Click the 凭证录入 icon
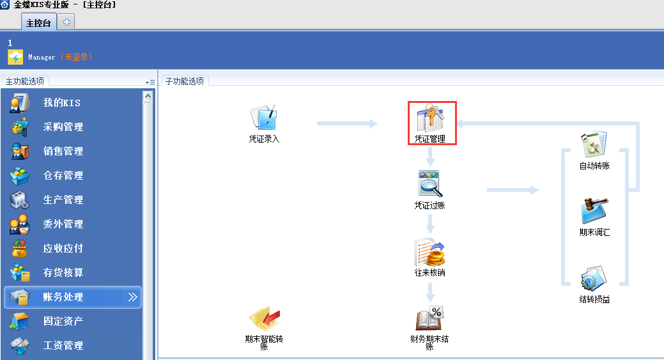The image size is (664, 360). coord(263,117)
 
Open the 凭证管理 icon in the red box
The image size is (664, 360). coord(430,118)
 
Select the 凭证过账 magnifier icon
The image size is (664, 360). coord(430,184)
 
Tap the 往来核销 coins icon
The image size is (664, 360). coord(430,251)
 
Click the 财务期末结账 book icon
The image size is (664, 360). coord(429,318)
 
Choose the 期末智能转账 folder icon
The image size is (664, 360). coord(264,318)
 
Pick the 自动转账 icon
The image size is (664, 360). coord(594,145)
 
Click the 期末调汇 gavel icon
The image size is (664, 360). coord(594,210)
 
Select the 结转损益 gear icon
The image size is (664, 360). coord(594,278)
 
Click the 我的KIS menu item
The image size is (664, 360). coord(61,102)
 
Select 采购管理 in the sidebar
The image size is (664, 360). coord(63,127)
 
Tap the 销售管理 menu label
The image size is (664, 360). coord(63,151)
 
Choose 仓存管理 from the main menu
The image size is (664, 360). coord(63,175)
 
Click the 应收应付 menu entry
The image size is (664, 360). coord(63,248)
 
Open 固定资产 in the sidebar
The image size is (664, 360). coord(63,321)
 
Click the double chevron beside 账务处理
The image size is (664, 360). coord(132,297)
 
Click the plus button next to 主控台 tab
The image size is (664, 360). coord(66,22)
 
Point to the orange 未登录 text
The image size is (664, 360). coord(76,57)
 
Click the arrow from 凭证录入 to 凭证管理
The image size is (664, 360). coord(347,123)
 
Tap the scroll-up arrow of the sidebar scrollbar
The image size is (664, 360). coord(148,97)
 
